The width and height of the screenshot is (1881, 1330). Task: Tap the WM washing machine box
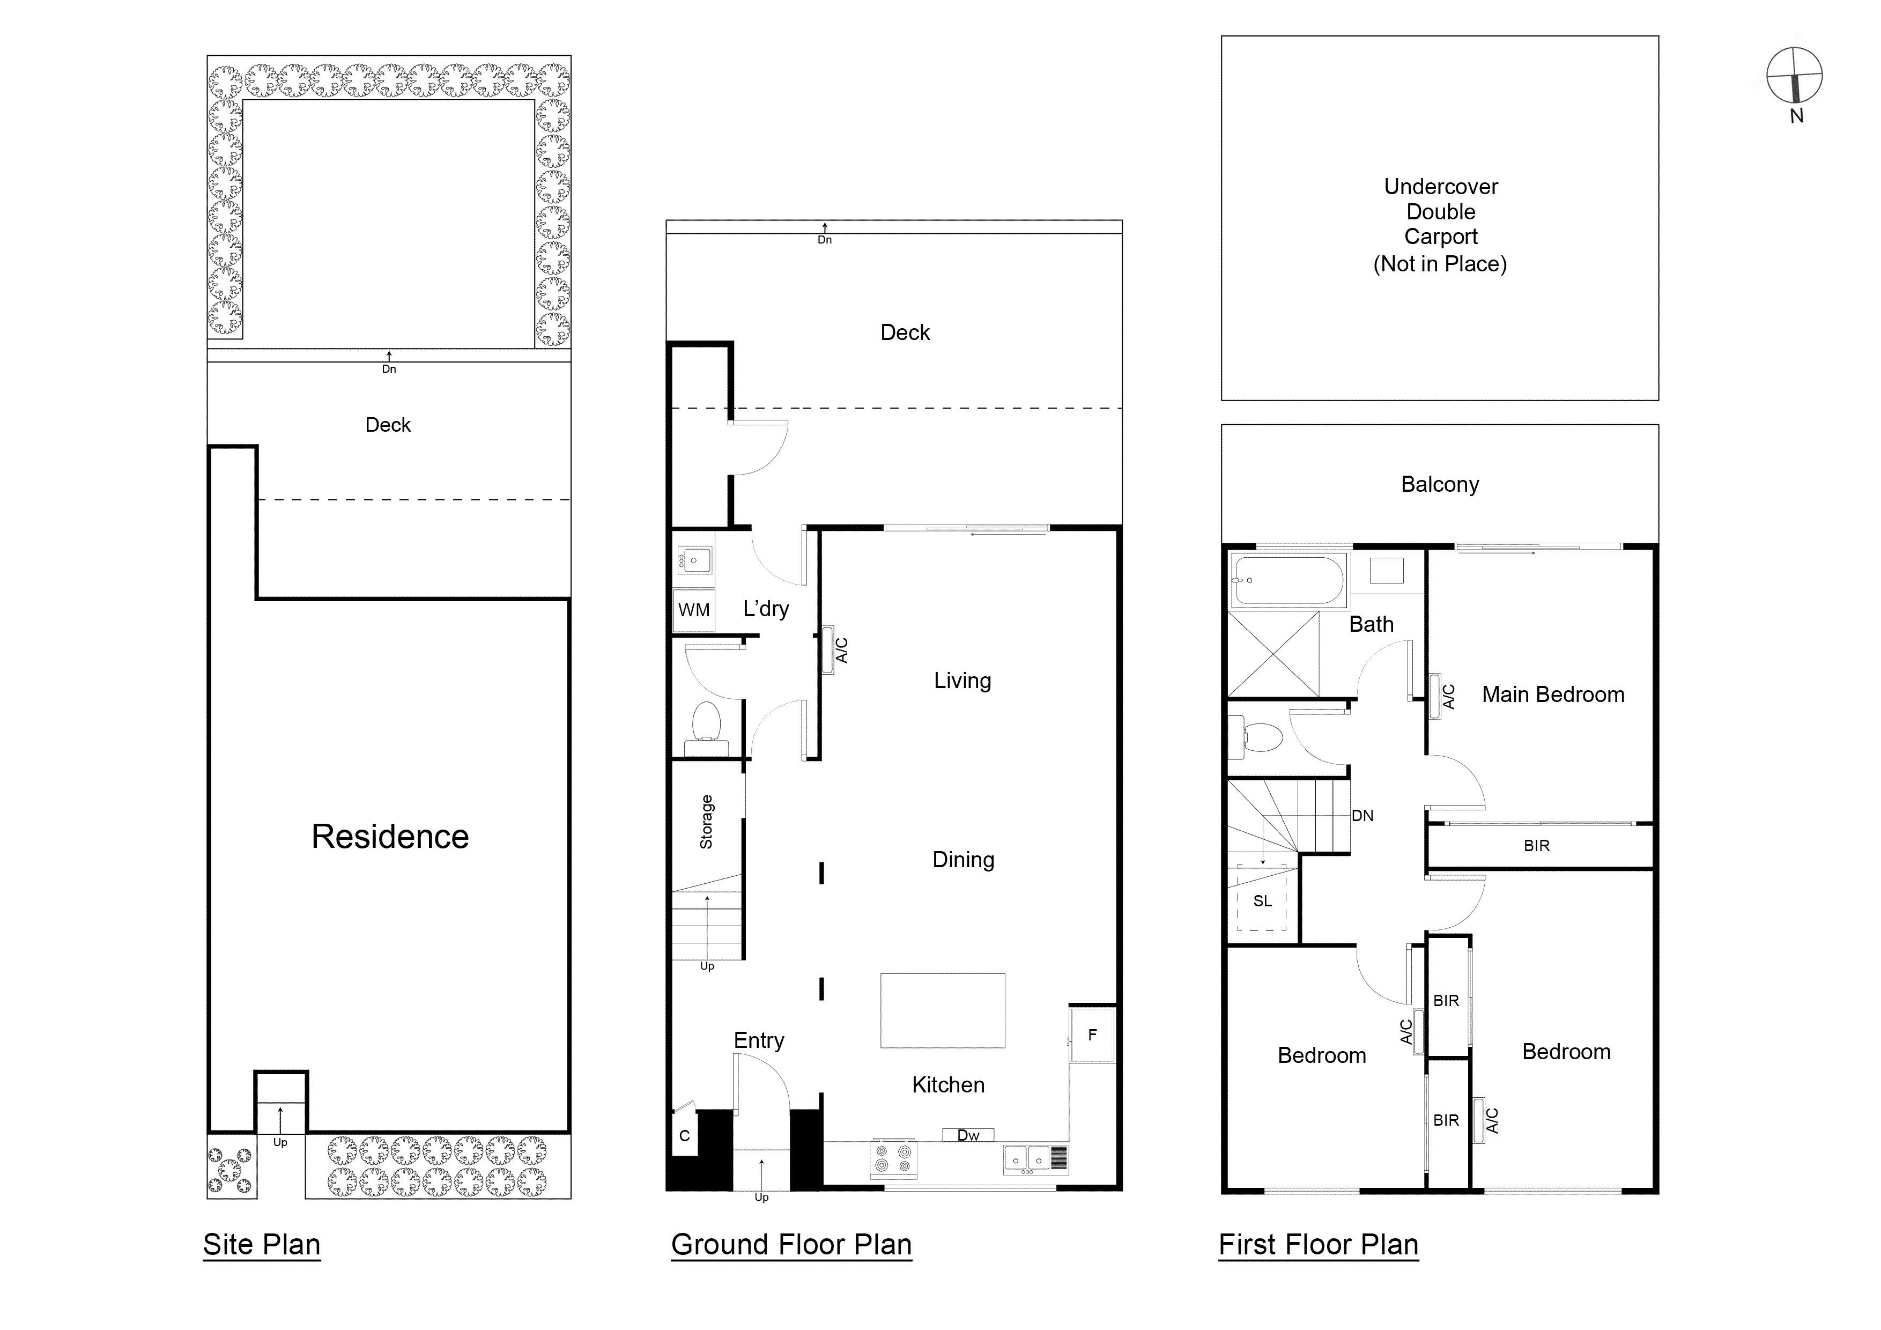pos(694,610)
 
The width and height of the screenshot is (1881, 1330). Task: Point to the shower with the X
pos(1273,654)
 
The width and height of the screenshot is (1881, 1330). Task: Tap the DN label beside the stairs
pos(1362,815)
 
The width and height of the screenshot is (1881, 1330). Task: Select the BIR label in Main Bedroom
pos(1536,846)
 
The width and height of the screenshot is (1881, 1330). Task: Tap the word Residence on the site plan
pos(390,836)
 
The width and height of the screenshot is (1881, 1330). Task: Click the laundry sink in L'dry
pos(694,560)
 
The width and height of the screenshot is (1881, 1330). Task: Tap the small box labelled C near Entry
pos(684,1135)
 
